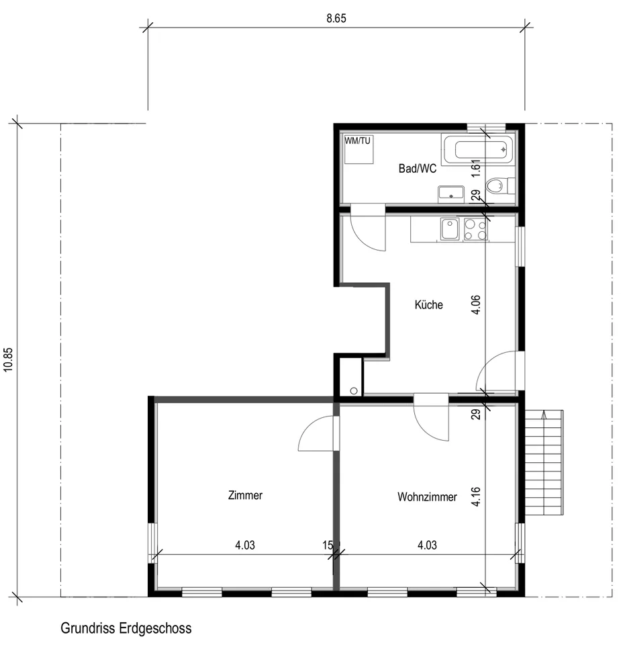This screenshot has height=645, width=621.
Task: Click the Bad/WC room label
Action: (417, 168)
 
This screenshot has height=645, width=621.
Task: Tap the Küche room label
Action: (429, 305)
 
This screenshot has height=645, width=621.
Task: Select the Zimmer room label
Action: (245, 495)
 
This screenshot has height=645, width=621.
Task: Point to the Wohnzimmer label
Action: (427, 497)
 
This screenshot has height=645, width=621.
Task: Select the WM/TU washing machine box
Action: (359, 149)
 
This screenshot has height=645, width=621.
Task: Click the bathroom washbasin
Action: (451, 194)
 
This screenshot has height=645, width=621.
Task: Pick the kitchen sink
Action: (450, 229)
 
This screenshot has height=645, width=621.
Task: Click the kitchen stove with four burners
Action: (475, 229)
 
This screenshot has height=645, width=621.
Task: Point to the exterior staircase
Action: (544, 462)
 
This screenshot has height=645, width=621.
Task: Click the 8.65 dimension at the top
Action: (336, 19)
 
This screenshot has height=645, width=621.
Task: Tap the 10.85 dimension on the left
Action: (9, 360)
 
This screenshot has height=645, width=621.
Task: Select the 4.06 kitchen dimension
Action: (475, 305)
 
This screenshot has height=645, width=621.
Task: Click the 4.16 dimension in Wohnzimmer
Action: (475, 497)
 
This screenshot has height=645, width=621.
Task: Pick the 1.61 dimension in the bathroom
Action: (475, 168)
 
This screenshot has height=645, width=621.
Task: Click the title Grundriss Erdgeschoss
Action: (126, 628)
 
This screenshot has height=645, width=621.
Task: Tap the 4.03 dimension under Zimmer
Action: (245, 545)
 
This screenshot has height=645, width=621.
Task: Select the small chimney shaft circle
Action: (354, 391)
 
